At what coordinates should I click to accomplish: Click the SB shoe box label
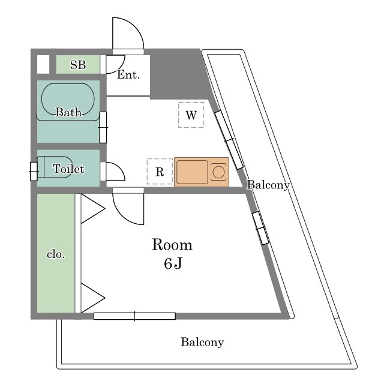(78, 65)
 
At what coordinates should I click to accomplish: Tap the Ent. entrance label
(128, 74)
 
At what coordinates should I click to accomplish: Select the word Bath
(68, 112)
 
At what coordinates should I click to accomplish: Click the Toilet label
(68, 169)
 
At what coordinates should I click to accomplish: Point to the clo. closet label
(56, 254)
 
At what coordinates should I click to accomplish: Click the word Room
(172, 244)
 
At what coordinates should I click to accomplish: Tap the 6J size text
(173, 263)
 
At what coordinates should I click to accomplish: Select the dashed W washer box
(191, 115)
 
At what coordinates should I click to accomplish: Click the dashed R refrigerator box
(160, 172)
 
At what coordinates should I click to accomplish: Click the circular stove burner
(218, 172)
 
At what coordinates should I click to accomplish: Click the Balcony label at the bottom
(202, 342)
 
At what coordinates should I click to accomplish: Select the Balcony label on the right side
(268, 185)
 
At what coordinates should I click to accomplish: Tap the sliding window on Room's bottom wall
(134, 316)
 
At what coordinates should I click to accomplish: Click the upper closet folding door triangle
(92, 209)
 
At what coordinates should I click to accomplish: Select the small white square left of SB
(43, 64)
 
